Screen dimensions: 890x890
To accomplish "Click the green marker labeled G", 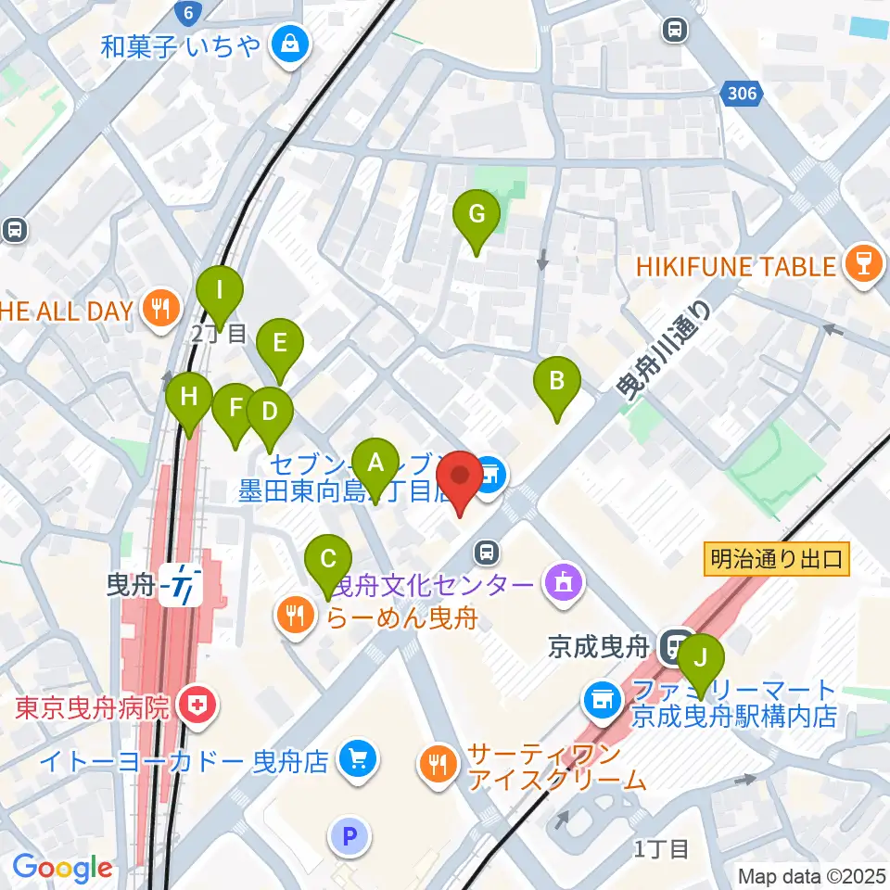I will tap(476, 216).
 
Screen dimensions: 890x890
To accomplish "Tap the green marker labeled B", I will tap(556, 381).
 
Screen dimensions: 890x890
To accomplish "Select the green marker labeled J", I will tap(702, 659).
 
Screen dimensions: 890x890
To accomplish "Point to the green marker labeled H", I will tap(189, 399).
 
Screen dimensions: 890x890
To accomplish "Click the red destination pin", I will tap(460, 477).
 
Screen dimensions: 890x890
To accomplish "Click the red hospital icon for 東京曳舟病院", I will tap(196, 707).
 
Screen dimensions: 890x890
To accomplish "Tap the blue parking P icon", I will tap(350, 838).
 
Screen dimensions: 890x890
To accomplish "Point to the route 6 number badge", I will tap(189, 12).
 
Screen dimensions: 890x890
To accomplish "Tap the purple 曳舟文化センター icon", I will tap(560, 585).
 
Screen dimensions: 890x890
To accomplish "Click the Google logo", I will tap(62, 869).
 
